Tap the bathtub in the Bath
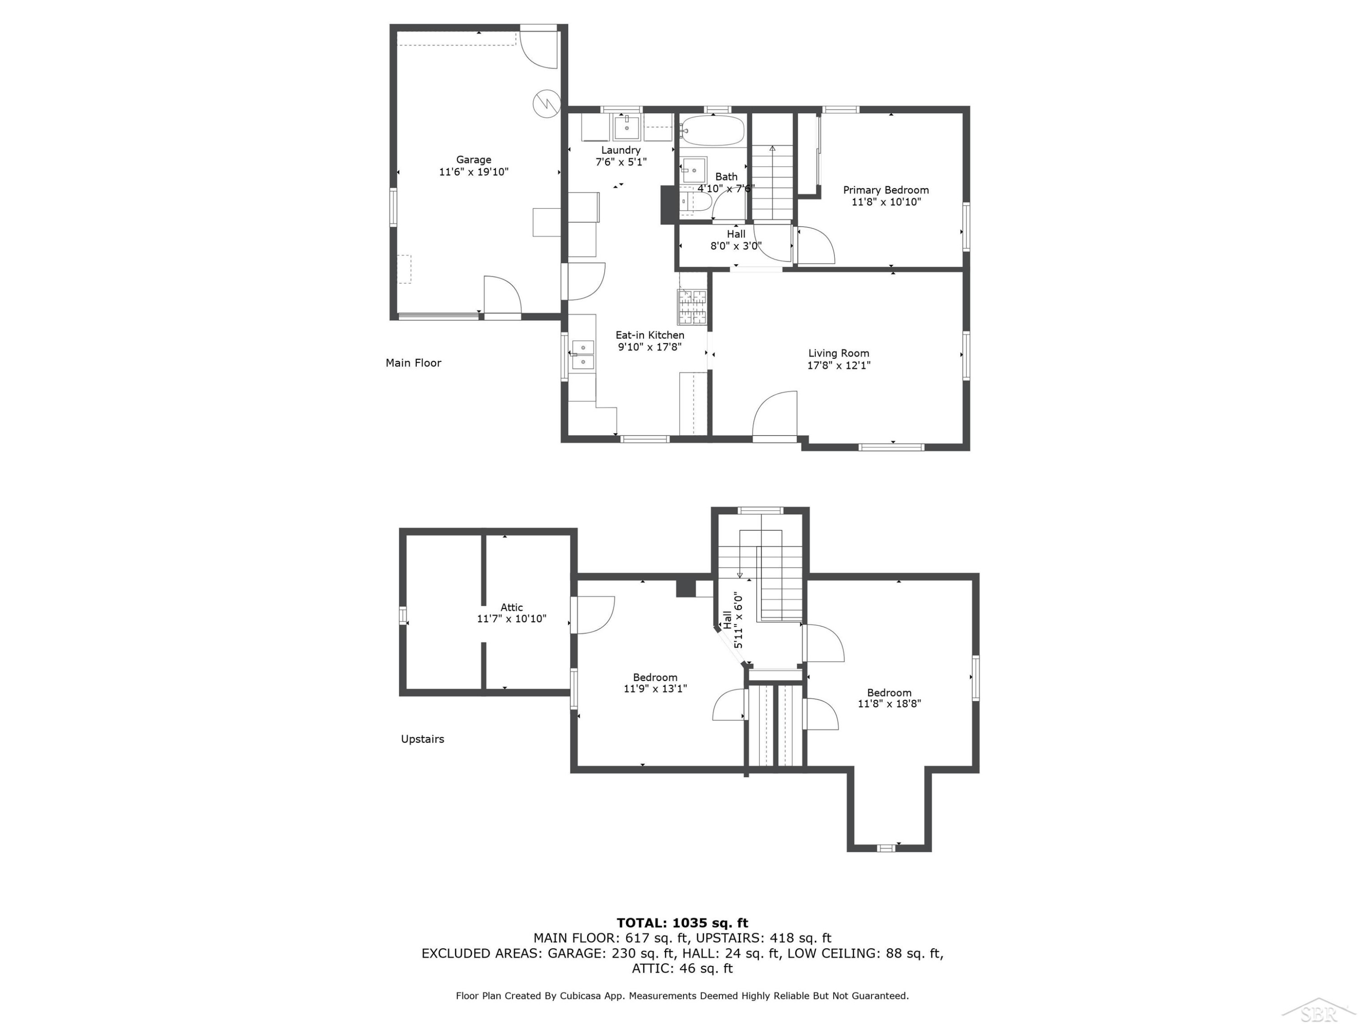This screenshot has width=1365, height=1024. [713, 130]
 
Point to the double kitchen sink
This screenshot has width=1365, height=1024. [582, 355]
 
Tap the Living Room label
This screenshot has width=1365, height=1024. [839, 353]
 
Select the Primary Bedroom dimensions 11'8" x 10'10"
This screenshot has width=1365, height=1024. [886, 202]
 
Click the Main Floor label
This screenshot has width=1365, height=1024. [414, 363]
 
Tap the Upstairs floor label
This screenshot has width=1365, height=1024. [423, 739]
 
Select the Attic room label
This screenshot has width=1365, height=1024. [511, 608]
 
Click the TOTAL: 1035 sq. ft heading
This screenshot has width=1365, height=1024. [682, 923]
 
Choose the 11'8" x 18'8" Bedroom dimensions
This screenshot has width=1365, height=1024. [889, 703]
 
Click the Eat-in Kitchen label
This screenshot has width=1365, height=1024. [650, 335]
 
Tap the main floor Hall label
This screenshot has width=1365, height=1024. [736, 234]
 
